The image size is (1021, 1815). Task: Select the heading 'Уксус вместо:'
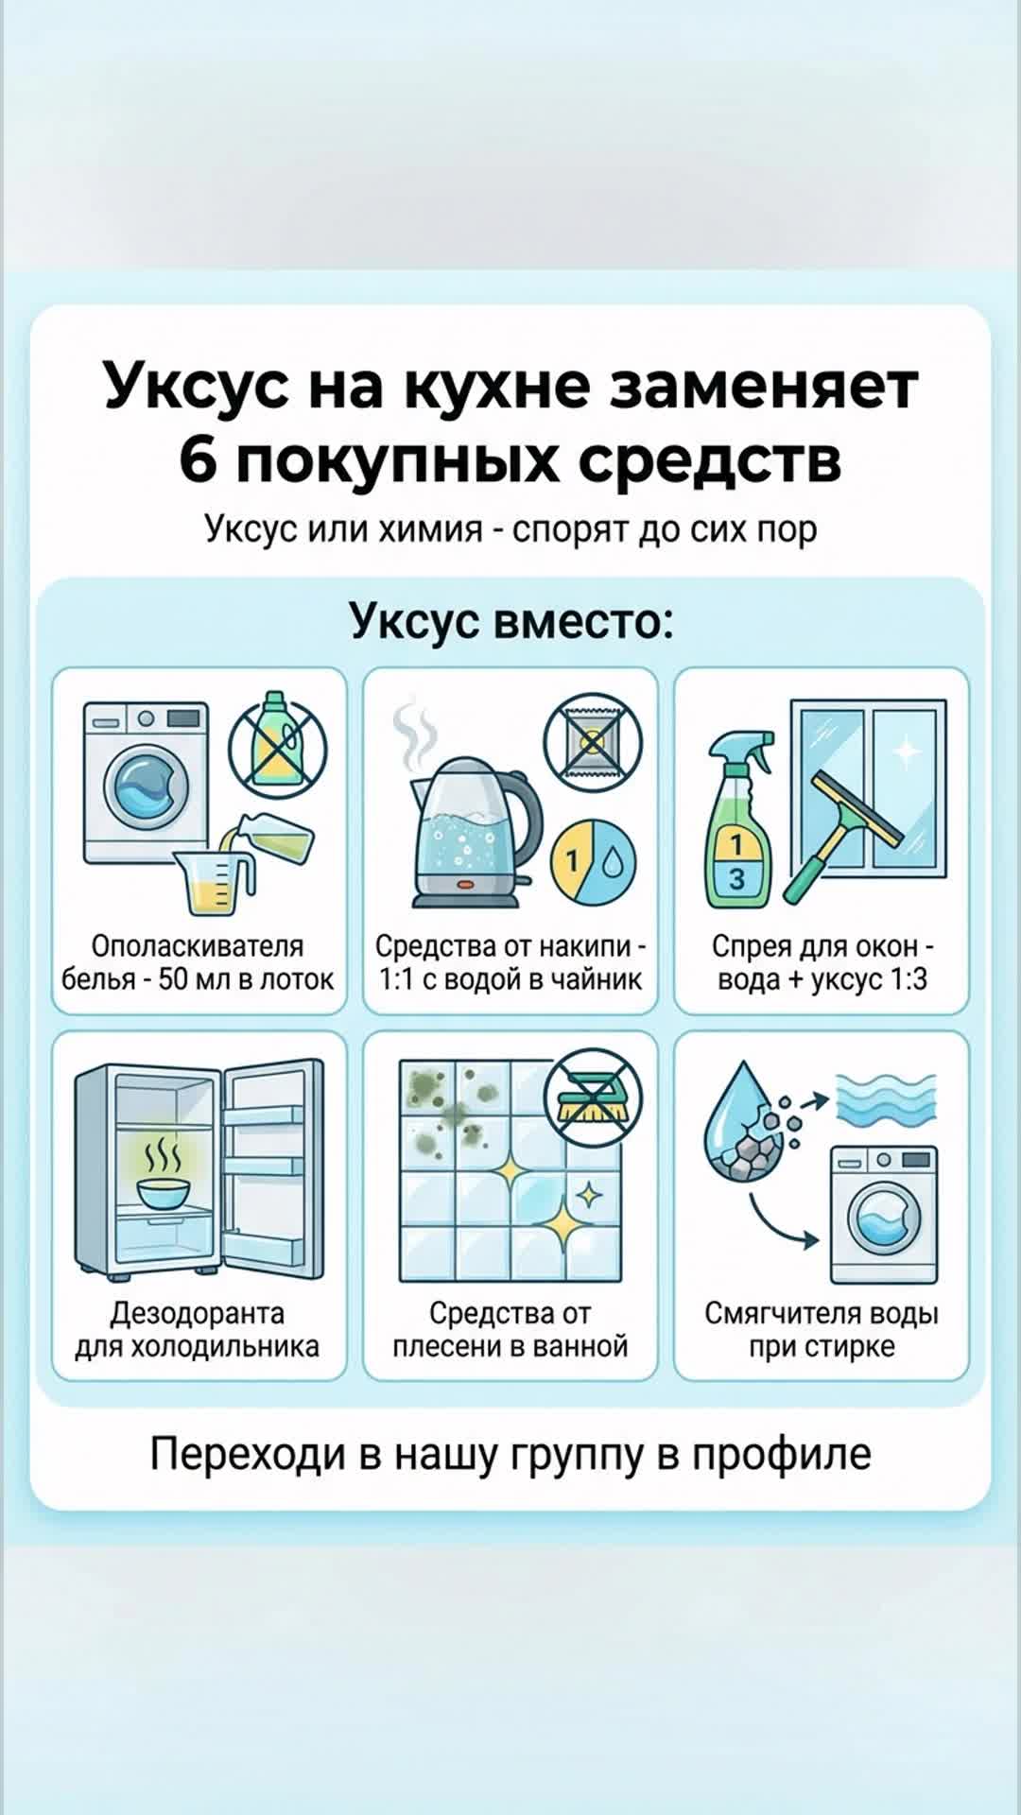pos(510,622)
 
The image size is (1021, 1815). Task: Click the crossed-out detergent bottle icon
pos(276,743)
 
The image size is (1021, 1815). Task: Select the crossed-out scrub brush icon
pos(593,1098)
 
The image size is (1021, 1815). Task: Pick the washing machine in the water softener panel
pos(883,1215)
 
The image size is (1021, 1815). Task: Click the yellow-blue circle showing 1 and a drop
pos(594,862)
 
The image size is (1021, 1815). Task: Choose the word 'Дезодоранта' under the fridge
pos(198,1313)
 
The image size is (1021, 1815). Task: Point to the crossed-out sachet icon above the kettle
pos(593,743)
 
